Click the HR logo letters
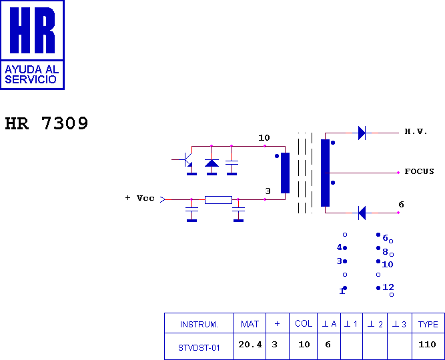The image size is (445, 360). (x=32, y=31)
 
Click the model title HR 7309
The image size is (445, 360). (x=47, y=123)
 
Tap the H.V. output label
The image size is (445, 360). (x=416, y=131)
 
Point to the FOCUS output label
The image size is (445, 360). (x=419, y=171)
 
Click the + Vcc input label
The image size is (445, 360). (x=140, y=198)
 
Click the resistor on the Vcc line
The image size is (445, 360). (x=218, y=200)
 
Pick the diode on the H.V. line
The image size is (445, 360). (x=362, y=133)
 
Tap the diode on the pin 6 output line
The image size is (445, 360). (x=362, y=213)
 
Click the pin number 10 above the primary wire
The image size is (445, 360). (x=264, y=138)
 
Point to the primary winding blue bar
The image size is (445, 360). (x=286, y=173)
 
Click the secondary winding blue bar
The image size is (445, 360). (x=325, y=173)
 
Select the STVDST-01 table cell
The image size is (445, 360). (x=199, y=348)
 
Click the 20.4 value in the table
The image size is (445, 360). (x=250, y=345)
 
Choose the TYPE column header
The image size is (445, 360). (x=428, y=324)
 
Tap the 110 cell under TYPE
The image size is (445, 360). (x=427, y=345)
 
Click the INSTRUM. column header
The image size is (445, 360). (x=199, y=324)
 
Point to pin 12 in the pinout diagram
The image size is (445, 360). (x=388, y=287)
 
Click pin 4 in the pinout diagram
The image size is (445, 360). (x=340, y=247)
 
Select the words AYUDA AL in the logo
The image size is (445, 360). (x=32, y=69)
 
